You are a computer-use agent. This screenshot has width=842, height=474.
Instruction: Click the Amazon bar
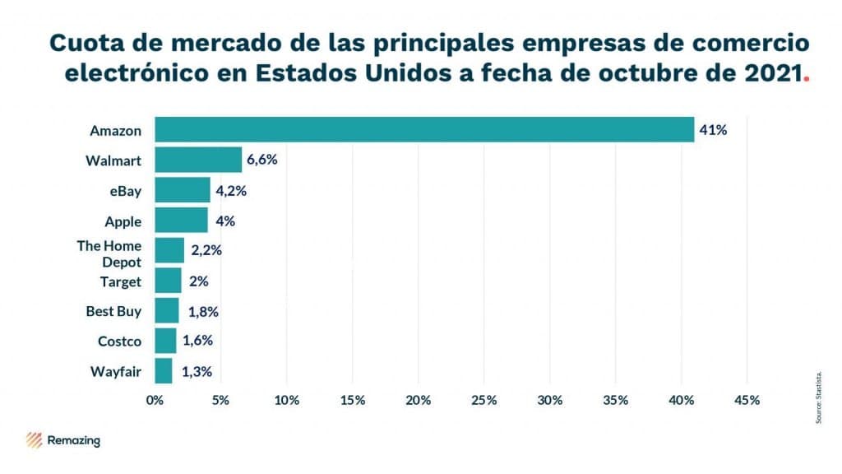tap(424, 130)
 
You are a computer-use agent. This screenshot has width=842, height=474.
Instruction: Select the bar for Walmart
tap(198, 160)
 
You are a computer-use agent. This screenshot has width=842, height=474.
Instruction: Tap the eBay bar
tap(182, 190)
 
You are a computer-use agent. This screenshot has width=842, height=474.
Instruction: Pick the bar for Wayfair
tap(163, 371)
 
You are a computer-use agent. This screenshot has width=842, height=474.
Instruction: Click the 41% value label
tap(713, 130)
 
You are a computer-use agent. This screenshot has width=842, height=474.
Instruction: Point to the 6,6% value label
tap(262, 160)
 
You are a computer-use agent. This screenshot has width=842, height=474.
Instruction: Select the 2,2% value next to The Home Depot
tap(206, 250)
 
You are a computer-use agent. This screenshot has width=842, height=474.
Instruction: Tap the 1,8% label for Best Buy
tap(202, 311)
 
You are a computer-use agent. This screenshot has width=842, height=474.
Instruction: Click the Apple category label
tap(123, 221)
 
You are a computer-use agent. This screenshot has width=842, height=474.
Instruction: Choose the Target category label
tap(122, 281)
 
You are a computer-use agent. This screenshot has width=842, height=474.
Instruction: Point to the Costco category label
tap(120, 342)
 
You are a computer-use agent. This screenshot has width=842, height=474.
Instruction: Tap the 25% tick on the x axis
tap(483, 400)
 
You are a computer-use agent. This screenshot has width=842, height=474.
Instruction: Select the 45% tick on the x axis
tap(747, 400)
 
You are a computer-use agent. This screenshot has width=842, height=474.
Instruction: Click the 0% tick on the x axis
tap(155, 400)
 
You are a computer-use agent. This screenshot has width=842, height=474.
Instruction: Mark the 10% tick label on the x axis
tap(286, 400)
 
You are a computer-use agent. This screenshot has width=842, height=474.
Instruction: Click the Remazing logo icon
tap(35, 440)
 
